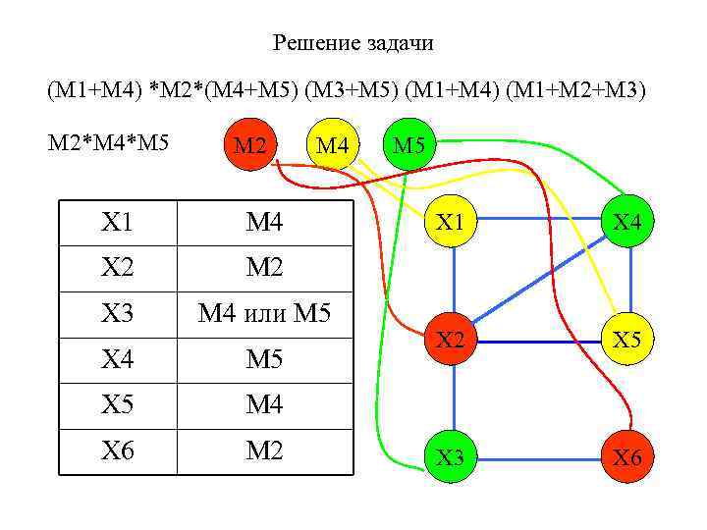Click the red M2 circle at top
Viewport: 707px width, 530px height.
click(x=250, y=145)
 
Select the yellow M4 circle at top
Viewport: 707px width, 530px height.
click(x=334, y=145)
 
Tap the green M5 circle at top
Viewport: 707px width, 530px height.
click(x=408, y=145)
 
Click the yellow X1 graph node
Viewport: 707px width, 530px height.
click(x=451, y=223)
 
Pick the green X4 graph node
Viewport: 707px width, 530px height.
click(x=628, y=223)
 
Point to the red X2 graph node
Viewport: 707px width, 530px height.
click(x=451, y=341)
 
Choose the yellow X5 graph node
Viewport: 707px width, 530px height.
click(x=628, y=341)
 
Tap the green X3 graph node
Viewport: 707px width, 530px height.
click(x=451, y=457)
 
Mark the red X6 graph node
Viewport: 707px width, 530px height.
click(x=628, y=457)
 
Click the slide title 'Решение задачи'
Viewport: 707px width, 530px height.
click(x=353, y=43)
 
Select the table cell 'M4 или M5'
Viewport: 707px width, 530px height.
click(x=264, y=315)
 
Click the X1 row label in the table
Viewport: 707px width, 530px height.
click(x=118, y=223)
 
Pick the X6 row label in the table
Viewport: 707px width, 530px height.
click(x=118, y=452)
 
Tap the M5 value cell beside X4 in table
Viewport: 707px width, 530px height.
click(x=264, y=360)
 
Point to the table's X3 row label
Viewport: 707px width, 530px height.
click(x=118, y=315)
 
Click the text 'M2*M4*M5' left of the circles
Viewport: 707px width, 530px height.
click(x=109, y=143)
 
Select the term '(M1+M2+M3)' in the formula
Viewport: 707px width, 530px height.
click(x=586, y=91)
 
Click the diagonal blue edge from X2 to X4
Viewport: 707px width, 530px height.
click(x=540, y=282)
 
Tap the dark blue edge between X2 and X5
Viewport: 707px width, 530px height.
click(x=540, y=341)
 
